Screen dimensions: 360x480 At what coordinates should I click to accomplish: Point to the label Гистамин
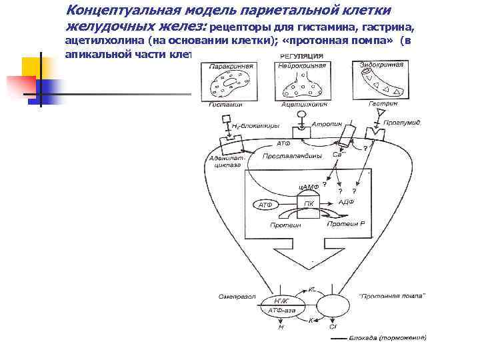pyautogui.click(x=225, y=104)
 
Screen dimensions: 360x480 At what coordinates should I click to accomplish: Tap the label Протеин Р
pyautogui.click(x=345, y=224)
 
